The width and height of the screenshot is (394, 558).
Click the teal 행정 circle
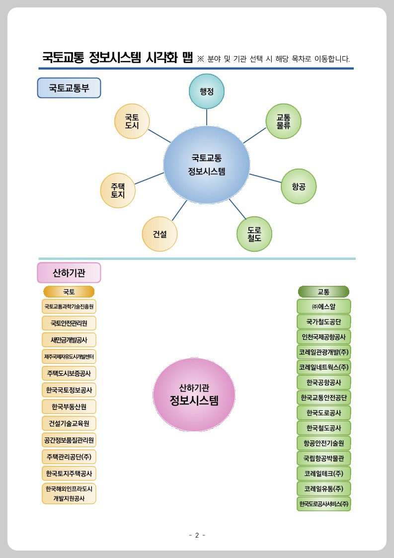pyautogui.click(x=207, y=91)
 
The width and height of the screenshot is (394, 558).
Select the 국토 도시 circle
pyautogui.click(x=132, y=121)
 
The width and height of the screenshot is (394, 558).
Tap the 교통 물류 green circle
pyautogui.click(x=284, y=121)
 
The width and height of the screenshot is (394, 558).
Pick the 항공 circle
pyautogui.click(x=299, y=186)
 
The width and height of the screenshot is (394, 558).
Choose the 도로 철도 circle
pyautogui.click(x=254, y=234)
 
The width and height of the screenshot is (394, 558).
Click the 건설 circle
pyautogui.click(x=159, y=234)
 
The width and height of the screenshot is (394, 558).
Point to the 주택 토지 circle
pyautogui.click(x=118, y=191)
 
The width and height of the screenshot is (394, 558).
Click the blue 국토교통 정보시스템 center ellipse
pyautogui.click(x=207, y=165)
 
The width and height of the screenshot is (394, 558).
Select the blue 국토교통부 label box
pyautogui.click(x=69, y=88)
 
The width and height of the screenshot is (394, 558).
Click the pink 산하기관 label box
pyautogui.click(x=69, y=273)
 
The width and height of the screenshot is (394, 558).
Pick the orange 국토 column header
pyautogui.click(x=69, y=292)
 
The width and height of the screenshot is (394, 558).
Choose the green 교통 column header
pyautogui.click(x=323, y=292)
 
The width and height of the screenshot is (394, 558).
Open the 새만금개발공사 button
pyautogui.click(x=69, y=340)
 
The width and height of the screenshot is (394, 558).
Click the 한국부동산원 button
pyautogui.click(x=69, y=406)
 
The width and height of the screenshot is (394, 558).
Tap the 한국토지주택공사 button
pyautogui.click(x=69, y=473)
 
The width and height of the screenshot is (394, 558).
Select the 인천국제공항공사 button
pyautogui.click(x=323, y=336)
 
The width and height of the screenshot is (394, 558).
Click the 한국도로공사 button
pyautogui.click(x=323, y=412)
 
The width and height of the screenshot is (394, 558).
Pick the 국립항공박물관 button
pyautogui.click(x=323, y=457)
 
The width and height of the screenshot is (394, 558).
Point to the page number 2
pyautogui.click(x=197, y=535)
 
